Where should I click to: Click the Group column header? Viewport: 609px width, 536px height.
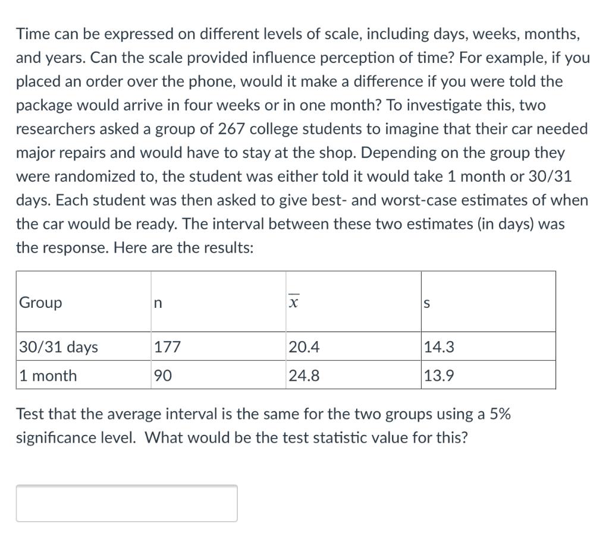click(40, 302)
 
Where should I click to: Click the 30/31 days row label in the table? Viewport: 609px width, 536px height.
click(58, 347)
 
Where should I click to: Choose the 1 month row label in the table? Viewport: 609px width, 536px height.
click(48, 376)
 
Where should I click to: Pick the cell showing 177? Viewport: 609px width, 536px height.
click(167, 347)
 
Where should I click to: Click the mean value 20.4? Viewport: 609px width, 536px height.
click(304, 347)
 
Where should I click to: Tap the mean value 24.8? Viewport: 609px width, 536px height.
click(304, 376)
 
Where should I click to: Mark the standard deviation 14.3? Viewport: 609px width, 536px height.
click(439, 347)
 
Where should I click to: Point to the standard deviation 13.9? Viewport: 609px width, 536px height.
click(439, 376)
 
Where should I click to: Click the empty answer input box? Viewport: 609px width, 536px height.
click(127, 503)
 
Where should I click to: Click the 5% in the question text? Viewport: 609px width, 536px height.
click(500, 414)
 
